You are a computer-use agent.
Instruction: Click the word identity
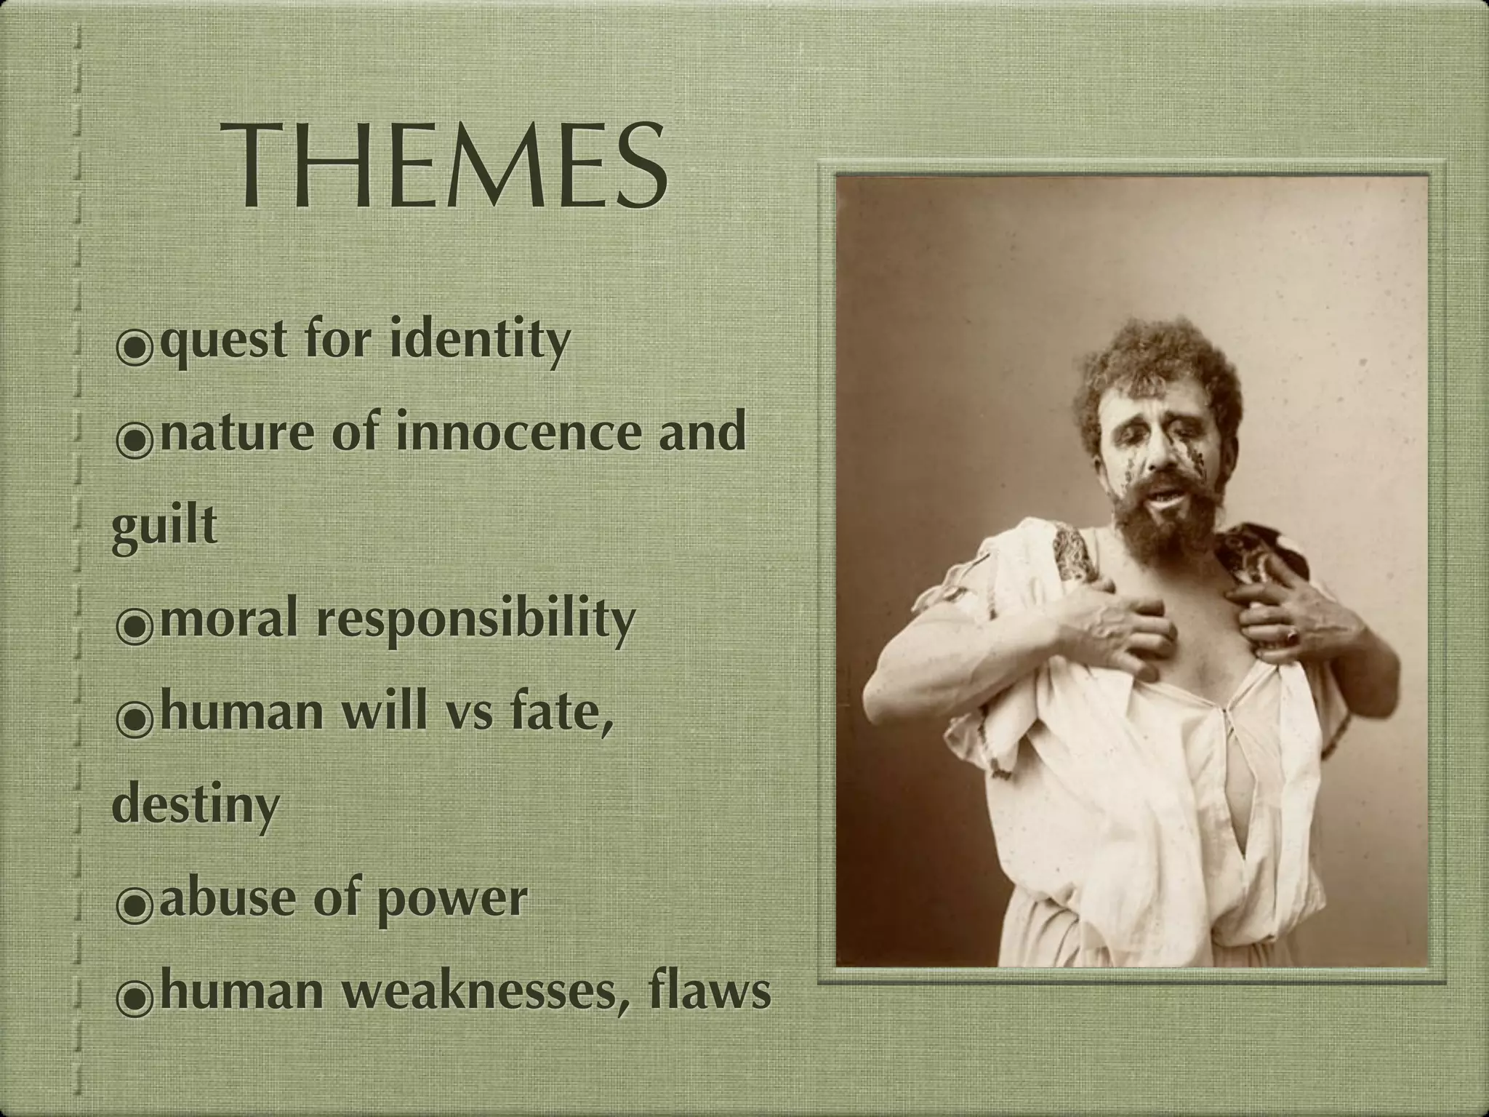point(479,340)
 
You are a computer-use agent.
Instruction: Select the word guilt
point(165,526)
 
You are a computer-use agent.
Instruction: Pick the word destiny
point(196,805)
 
